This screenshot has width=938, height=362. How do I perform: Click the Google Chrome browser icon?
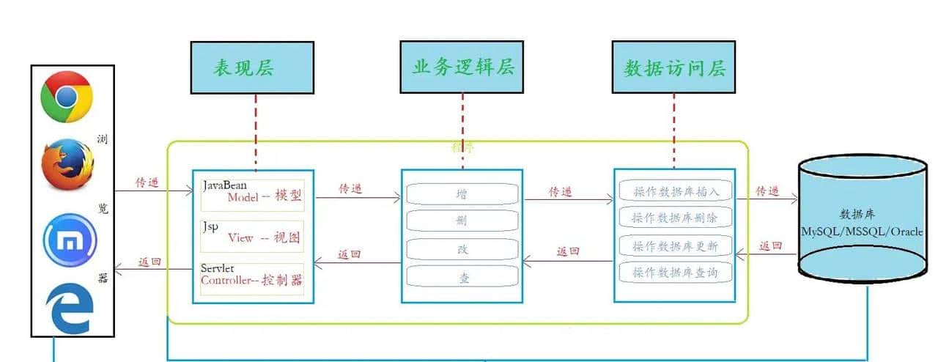point(67,97)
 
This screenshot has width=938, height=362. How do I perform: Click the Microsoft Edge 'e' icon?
point(70,309)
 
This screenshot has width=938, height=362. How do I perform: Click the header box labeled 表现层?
point(253,68)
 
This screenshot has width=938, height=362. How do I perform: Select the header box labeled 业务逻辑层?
point(462,67)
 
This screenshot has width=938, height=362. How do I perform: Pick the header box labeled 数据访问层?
point(673,68)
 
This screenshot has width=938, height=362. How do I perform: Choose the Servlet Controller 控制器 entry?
point(251,276)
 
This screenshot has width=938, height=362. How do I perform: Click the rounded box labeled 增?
point(462,194)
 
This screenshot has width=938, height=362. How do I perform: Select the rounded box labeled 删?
point(462,221)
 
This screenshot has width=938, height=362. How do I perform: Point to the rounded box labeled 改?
point(462,249)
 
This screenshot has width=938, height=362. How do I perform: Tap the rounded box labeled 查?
point(462,276)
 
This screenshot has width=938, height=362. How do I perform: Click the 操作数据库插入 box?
point(675,191)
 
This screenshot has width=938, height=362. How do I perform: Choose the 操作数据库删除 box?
point(675,218)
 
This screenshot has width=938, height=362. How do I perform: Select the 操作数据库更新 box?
point(675,245)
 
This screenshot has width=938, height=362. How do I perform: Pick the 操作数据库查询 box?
point(675,273)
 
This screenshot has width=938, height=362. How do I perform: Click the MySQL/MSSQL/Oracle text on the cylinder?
point(862,231)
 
